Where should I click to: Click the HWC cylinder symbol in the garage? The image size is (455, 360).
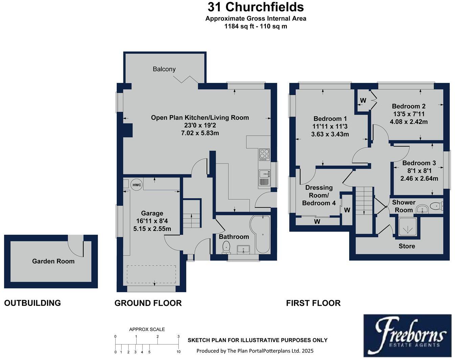pos(137,185)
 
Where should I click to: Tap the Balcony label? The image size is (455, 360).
pos(164,69)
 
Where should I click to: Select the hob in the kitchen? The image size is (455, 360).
pos(264,154)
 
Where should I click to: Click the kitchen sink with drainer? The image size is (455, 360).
pos(264,178)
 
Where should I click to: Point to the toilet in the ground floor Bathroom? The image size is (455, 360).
pos(226,248)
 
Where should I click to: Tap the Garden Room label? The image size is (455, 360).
pos(53,261)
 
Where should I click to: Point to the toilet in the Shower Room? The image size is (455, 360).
pos(437,206)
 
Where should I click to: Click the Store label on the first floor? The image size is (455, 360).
pos(407,246)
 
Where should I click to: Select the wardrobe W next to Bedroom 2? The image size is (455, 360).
pos(363,100)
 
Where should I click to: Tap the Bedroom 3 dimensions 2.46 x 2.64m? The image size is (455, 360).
pos(419,178)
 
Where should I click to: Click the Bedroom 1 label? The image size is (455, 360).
pos(330,118)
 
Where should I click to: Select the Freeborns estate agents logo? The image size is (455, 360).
pos(407,335)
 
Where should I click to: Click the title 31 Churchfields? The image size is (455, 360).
pos(256,7)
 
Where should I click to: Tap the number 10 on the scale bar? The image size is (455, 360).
pos(178,352)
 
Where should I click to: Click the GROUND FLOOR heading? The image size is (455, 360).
pos(148,303)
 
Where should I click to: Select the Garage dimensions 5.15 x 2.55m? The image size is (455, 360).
pos(152,229)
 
